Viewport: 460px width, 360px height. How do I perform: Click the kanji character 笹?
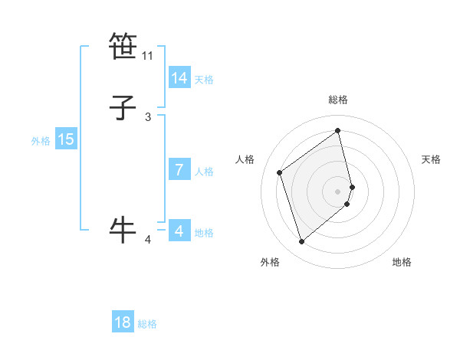pos(123,46)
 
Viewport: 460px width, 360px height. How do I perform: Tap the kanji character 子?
pos(123,108)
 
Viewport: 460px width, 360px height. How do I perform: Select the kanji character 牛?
pos(123,229)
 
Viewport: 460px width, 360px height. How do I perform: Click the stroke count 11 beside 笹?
pos(148,56)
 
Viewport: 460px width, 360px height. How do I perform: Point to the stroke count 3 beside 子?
pos(148,117)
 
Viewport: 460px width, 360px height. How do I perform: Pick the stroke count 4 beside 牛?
pos(148,240)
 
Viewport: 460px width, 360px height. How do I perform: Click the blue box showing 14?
pos(179,78)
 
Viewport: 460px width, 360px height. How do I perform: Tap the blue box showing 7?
pos(179,170)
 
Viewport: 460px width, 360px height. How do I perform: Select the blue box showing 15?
pos(66,139)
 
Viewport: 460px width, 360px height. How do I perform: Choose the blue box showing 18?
pos(123,322)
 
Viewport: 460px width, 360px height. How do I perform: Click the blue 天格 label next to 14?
pos(204,80)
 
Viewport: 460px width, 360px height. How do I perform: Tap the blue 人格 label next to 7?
pos(204,172)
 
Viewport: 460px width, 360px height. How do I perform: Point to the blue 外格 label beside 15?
pos(41,141)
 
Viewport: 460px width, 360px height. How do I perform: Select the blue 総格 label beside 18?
pos(147,324)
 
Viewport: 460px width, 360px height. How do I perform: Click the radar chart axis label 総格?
pos(338,100)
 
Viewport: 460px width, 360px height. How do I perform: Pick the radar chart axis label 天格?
pos(432,159)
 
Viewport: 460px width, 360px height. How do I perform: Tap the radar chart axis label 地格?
pos(402,263)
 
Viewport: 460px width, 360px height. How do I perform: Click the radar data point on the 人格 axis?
pos(280,172)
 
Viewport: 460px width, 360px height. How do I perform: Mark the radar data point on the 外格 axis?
pos(301,242)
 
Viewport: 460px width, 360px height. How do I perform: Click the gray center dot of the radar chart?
pos(338,191)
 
